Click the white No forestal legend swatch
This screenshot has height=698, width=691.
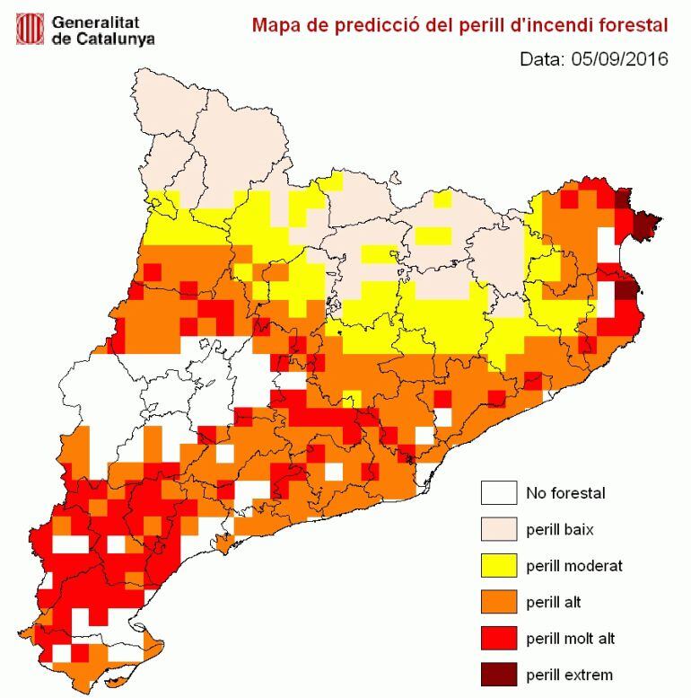click(x=499, y=493)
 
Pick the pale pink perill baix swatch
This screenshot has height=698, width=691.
click(x=499, y=529)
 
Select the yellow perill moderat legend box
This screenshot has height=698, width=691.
click(x=499, y=565)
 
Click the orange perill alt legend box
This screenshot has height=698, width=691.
click(x=499, y=601)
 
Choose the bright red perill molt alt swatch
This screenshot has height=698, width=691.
click(x=499, y=638)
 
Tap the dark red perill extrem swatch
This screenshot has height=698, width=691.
click(x=499, y=674)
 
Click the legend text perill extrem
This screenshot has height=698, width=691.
click(x=569, y=675)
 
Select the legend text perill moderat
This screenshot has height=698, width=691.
click(x=573, y=565)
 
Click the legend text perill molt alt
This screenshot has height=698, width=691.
click(x=570, y=638)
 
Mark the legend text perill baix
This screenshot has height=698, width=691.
click(x=559, y=529)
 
